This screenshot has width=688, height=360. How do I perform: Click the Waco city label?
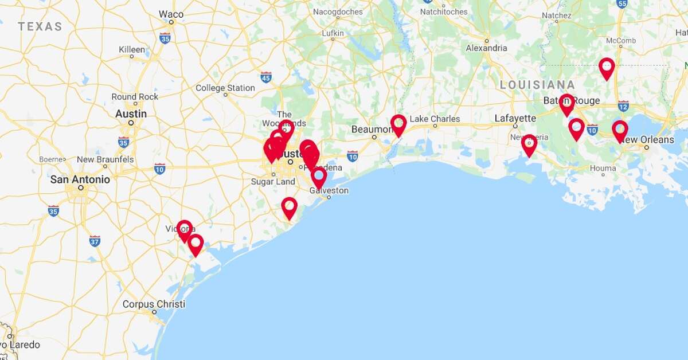point(171,14)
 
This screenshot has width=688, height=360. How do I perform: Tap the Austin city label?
point(131,114)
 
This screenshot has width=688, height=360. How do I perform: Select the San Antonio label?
point(80,179)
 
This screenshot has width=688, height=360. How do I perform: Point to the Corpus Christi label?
point(154,304)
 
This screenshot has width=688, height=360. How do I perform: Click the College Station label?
point(225,88)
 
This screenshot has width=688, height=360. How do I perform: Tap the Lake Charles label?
point(435,119)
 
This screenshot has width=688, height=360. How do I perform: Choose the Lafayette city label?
point(515,118)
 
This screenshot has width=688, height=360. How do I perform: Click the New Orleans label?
point(647,139)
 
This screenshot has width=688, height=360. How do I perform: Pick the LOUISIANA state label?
point(537,85)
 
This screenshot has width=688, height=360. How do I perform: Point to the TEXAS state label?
point(40,26)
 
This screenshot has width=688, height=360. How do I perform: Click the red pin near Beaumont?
point(398,124)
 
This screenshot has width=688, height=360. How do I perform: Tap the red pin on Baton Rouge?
point(566,104)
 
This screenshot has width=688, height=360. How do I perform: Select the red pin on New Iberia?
point(529,144)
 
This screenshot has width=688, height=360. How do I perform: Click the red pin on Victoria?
point(185,230)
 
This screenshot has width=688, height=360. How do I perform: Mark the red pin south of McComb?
point(607,68)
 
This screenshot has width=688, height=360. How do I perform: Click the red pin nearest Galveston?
point(319,177)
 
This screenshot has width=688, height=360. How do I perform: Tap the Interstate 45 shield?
point(266,76)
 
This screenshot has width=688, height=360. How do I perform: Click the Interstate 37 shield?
point(95,240)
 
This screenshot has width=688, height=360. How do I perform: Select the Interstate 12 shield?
point(623,105)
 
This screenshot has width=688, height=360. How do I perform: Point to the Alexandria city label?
point(486,48)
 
